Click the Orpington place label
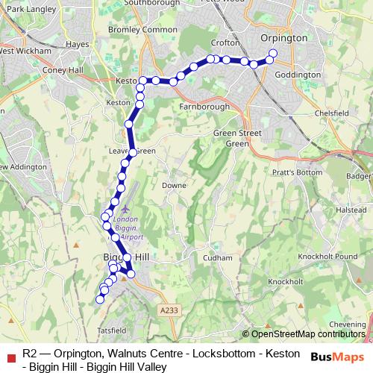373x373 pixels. coord(284,37)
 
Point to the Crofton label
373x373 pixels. coord(225,43)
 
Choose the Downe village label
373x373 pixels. coord(174,184)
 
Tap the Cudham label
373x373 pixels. coord(217,257)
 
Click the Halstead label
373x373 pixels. coord(350,210)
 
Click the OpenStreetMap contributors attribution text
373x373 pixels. coord(307,334)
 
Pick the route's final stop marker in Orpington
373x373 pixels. coord(272,53)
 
